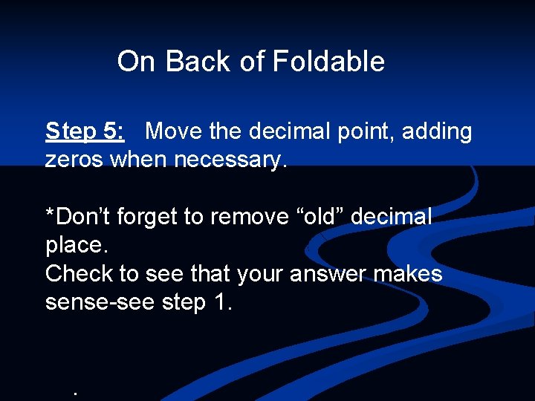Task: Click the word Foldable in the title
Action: pos(328,62)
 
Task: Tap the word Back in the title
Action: pos(198,62)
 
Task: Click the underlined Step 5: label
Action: pos(85,131)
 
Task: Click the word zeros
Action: pos(74,160)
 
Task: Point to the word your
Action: pos(261,275)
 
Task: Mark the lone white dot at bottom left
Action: pos(76,392)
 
